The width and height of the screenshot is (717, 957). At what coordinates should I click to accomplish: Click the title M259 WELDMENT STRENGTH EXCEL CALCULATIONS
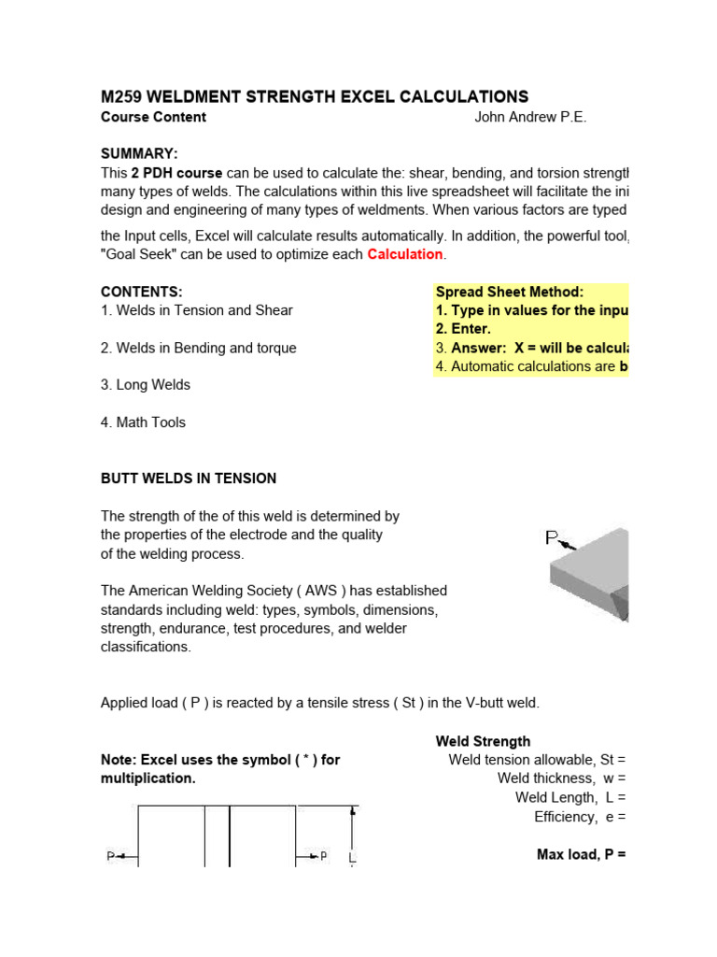tap(314, 97)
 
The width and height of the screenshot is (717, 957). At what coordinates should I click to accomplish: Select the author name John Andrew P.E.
tap(530, 118)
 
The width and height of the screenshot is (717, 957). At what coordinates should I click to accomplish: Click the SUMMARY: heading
tap(139, 153)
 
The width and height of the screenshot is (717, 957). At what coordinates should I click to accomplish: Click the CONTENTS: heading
tap(141, 292)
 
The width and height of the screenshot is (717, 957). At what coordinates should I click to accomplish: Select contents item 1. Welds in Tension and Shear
tap(196, 310)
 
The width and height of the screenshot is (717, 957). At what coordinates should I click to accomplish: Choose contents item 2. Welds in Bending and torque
tap(198, 348)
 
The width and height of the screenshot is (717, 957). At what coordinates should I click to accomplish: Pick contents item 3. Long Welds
tap(145, 385)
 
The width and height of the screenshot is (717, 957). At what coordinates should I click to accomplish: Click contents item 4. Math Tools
tap(143, 422)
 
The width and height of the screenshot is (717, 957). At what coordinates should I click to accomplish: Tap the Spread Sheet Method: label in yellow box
tap(509, 293)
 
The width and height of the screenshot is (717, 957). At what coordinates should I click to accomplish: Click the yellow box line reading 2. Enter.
tap(463, 329)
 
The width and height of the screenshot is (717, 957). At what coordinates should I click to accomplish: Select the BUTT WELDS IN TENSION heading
tap(189, 478)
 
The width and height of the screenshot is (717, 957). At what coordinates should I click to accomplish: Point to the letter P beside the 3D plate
tap(552, 537)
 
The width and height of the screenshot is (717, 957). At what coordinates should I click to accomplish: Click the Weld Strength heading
tap(483, 742)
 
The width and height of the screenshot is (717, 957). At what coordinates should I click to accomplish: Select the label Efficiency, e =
tap(579, 817)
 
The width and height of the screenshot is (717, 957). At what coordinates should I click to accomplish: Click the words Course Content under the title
tap(153, 118)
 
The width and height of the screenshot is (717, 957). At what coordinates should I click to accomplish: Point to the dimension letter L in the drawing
tap(352, 856)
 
